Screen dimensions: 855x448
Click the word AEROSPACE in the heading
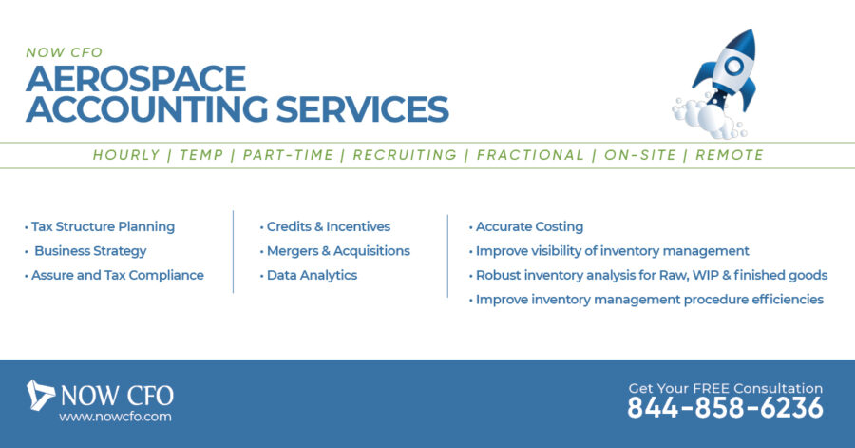click(136, 79)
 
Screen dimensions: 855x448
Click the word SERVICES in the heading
click(363, 109)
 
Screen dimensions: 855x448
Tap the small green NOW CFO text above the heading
click(65, 52)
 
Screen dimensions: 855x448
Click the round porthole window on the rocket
click(734, 66)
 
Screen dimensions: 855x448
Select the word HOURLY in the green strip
click(126, 156)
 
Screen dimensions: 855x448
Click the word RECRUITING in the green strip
click(405, 156)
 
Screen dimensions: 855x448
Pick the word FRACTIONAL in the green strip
click(530, 156)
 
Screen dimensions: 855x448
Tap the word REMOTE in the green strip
click(730, 156)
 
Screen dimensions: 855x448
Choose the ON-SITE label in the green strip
click(640, 156)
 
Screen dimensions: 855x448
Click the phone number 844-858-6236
click(725, 408)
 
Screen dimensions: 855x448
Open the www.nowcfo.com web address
click(115, 417)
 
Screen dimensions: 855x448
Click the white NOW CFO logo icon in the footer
click(40, 395)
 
